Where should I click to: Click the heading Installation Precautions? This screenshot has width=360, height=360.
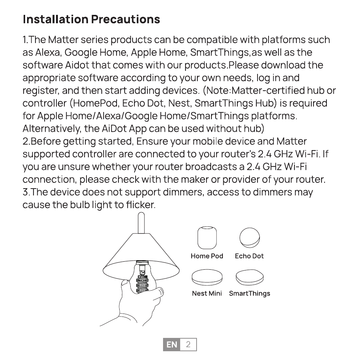(x=91, y=19)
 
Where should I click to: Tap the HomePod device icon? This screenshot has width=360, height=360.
(x=207, y=238)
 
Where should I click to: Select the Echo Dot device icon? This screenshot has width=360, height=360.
(x=250, y=237)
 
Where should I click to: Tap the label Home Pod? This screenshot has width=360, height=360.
(x=207, y=256)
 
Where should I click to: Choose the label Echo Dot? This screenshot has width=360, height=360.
(x=249, y=256)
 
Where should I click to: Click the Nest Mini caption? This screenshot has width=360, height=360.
(x=207, y=293)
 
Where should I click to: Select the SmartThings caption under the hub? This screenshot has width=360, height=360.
(x=250, y=293)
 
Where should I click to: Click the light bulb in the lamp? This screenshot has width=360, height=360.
(x=143, y=278)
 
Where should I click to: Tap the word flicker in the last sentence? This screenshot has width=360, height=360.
(x=140, y=205)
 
